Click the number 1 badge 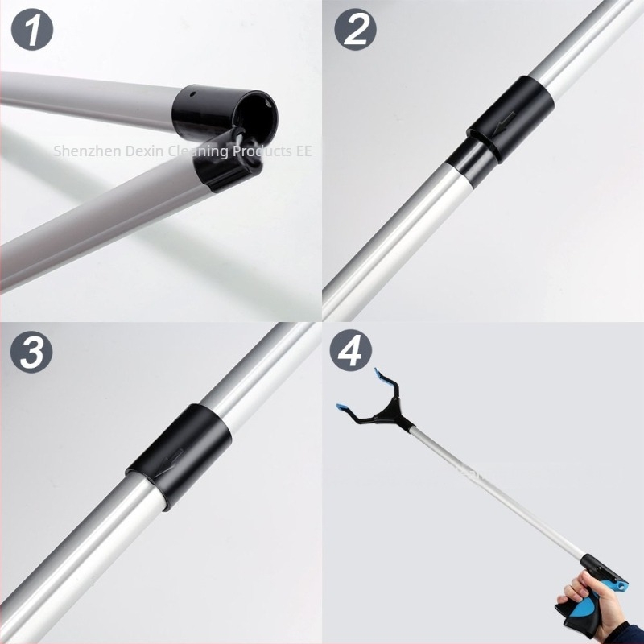coord(32,30)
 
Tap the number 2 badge coord(355,30)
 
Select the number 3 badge coord(31,352)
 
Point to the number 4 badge coord(351,350)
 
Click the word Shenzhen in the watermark coord(87,151)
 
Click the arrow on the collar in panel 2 coord(504,124)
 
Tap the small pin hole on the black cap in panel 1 coord(192,93)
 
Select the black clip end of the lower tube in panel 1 coord(228,163)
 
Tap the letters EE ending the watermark coord(304,151)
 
